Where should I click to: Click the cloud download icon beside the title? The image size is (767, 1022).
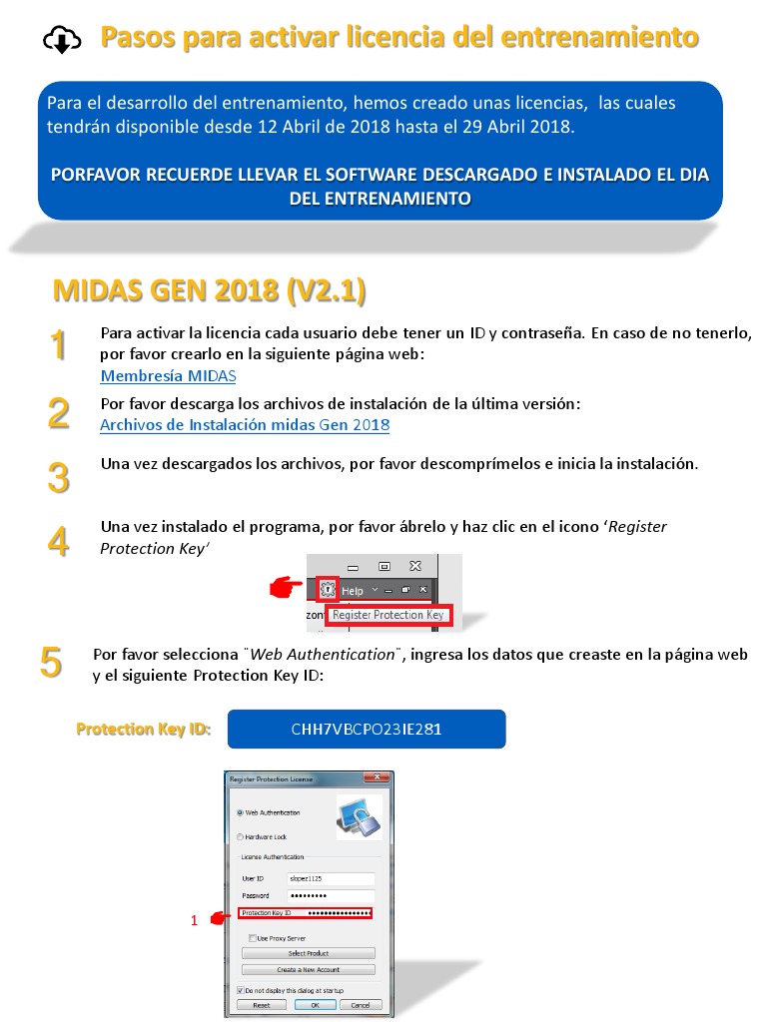[62, 40]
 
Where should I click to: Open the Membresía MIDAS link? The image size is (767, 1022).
[168, 376]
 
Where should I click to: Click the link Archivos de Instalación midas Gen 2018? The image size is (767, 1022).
[245, 424]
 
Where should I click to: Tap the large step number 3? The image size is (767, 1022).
[59, 478]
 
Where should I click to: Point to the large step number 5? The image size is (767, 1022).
[51, 663]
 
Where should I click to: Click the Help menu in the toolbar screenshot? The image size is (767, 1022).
[353, 591]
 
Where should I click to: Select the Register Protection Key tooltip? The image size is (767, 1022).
[388, 616]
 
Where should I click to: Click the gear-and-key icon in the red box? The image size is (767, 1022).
[327, 590]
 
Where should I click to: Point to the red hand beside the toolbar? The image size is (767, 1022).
[287, 589]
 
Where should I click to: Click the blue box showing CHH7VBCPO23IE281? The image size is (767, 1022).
[367, 729]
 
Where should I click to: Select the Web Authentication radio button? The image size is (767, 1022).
[240, 812]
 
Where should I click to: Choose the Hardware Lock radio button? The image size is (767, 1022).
[240, 836]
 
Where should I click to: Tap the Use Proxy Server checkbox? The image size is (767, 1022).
[253, 938]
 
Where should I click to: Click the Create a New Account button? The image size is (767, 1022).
[309, 969]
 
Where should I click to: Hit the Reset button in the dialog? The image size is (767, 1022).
[262, 1004]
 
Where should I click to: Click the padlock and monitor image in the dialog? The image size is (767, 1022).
[359, 816]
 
